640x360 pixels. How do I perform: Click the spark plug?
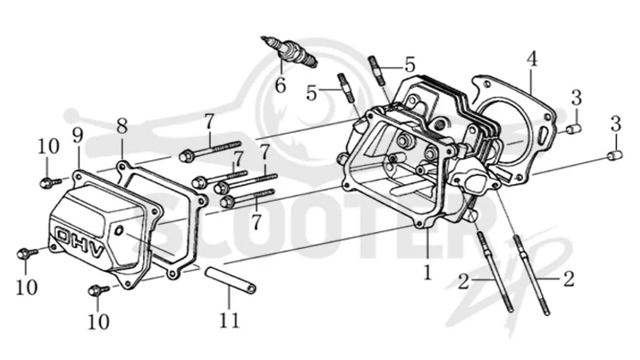(x=289, y=51)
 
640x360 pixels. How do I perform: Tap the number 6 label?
(x=280, y=86)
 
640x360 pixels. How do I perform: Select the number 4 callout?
(x=531, y=58)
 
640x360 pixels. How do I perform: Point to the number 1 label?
(x=427, y=272)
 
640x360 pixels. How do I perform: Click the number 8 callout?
(x=122, y=126)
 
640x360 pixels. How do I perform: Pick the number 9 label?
(x=78, y=135)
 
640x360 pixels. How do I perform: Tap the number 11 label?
(x=229, y=321)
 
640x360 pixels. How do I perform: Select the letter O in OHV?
(x=62, y=235)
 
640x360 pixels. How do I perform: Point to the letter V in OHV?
(x=96, y=250)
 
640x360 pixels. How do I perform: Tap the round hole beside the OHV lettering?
(x=119, y=231)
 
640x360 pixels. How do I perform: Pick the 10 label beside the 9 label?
(x=49, y=146)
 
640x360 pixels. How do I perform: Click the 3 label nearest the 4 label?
(x=576, y=98)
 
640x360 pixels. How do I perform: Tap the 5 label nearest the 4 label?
(x=410, y=65)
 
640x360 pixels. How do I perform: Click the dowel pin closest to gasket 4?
(x=574, y=129)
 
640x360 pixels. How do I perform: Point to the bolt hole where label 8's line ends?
(x=122, y=166)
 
